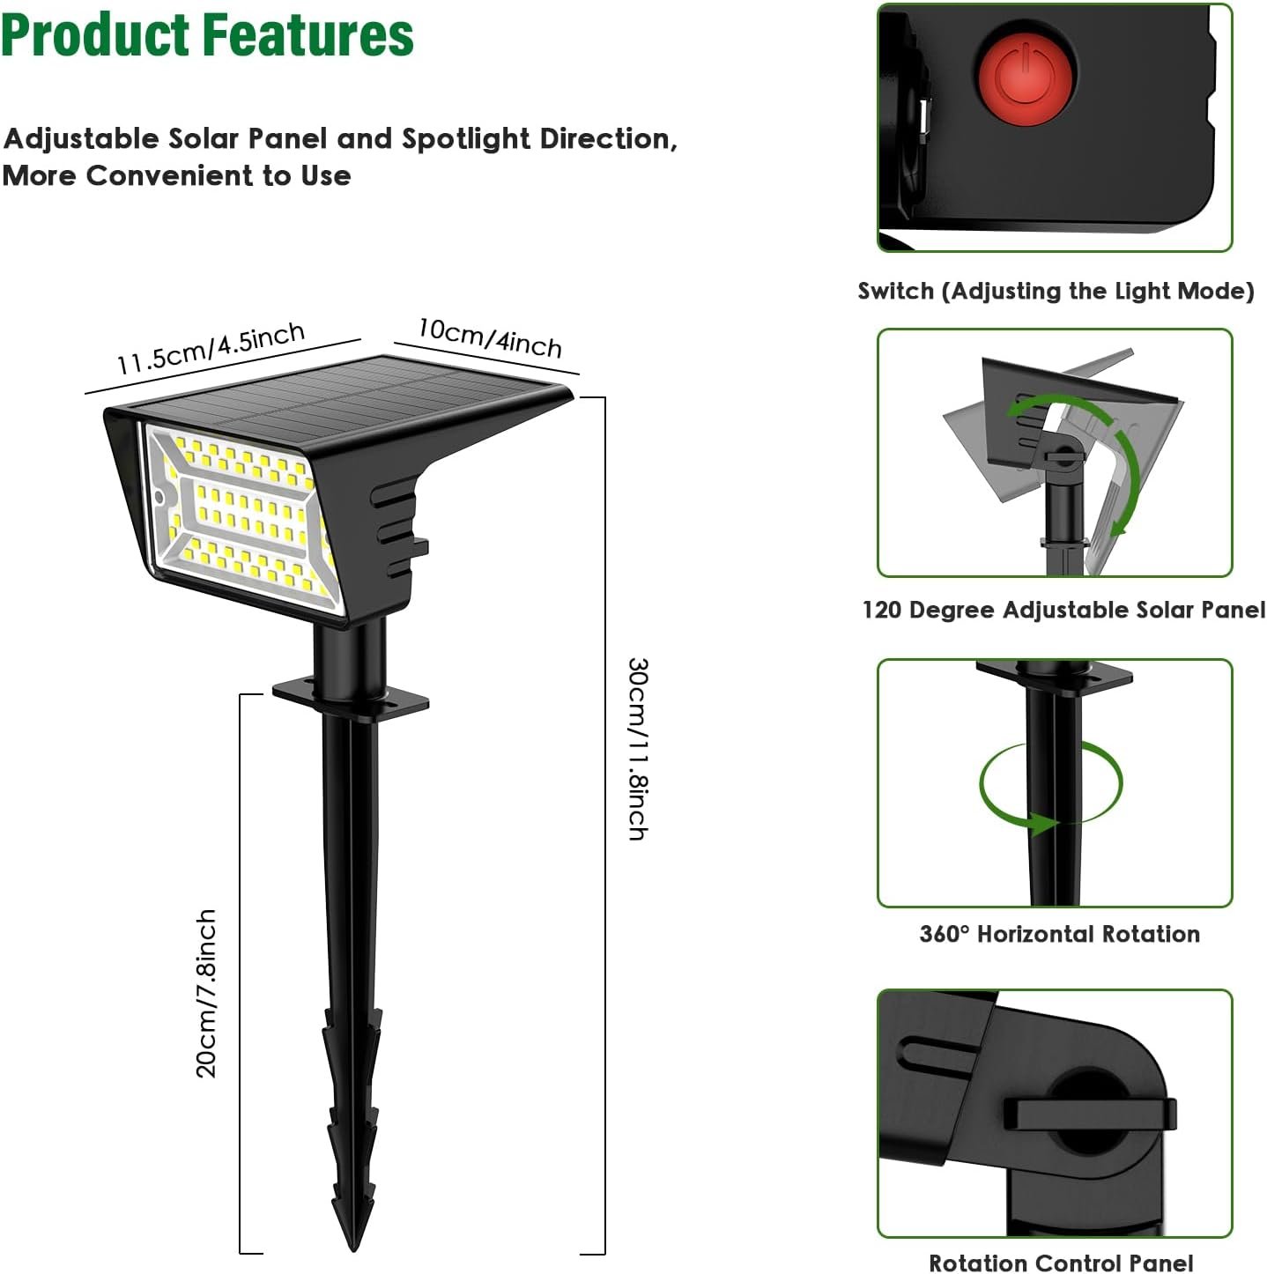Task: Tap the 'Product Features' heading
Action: coord(207,35)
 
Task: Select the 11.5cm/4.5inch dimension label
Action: coord(211,349)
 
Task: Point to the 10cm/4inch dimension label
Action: coord(490,337)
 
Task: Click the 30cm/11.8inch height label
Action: coord(637,749)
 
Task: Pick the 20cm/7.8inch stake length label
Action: coord(206,993)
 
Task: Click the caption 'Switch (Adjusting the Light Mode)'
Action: coord(1056,292)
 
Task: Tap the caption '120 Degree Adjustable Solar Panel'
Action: coord(1063,610)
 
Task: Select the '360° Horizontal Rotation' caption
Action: coord(1059,934)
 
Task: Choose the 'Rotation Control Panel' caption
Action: coord(1061,1263)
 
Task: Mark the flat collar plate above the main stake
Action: coord(351,698)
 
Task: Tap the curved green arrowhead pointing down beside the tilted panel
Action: coord(1121,526)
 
